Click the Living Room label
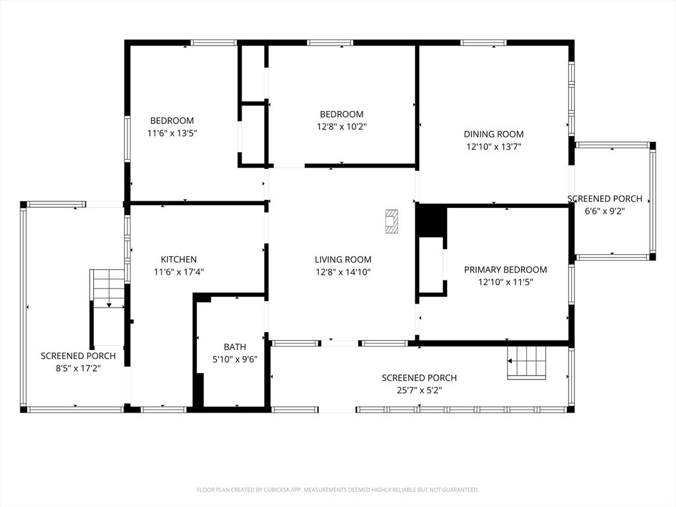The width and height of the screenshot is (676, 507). (x=343, y=259)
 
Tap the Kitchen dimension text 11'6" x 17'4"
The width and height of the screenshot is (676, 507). (x=179, y=272)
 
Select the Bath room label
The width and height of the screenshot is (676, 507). (x=235, y=347)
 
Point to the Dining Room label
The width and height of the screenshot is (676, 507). (x=494, y=134)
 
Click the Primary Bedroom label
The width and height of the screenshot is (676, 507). (x=505, y=270)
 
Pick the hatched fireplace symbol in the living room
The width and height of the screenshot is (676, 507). (x=391, y=221)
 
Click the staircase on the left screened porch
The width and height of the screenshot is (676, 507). (x=108, y=289)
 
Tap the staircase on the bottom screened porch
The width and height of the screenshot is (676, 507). (x=527, y=362)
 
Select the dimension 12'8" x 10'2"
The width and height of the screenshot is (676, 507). (x=341, y=127)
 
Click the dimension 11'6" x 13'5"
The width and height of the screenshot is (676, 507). (x=172, y=133)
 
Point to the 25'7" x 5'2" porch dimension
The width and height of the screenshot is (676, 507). (x=419, y=391)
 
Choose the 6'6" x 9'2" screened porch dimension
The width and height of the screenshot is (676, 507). (x=605, y=211)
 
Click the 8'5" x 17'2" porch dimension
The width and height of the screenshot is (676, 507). (x=78, y=368)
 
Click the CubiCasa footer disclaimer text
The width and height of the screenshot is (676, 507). (x=337, y=490)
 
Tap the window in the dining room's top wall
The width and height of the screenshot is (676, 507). (x=483, y=42)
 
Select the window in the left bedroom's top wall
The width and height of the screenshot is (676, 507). (x=214, y=42)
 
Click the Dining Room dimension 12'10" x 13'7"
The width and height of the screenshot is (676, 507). (x=494, y=147)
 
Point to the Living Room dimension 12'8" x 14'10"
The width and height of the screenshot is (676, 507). (x=343, y=272)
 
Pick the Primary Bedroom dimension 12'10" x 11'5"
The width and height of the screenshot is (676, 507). (x=505, y=283)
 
